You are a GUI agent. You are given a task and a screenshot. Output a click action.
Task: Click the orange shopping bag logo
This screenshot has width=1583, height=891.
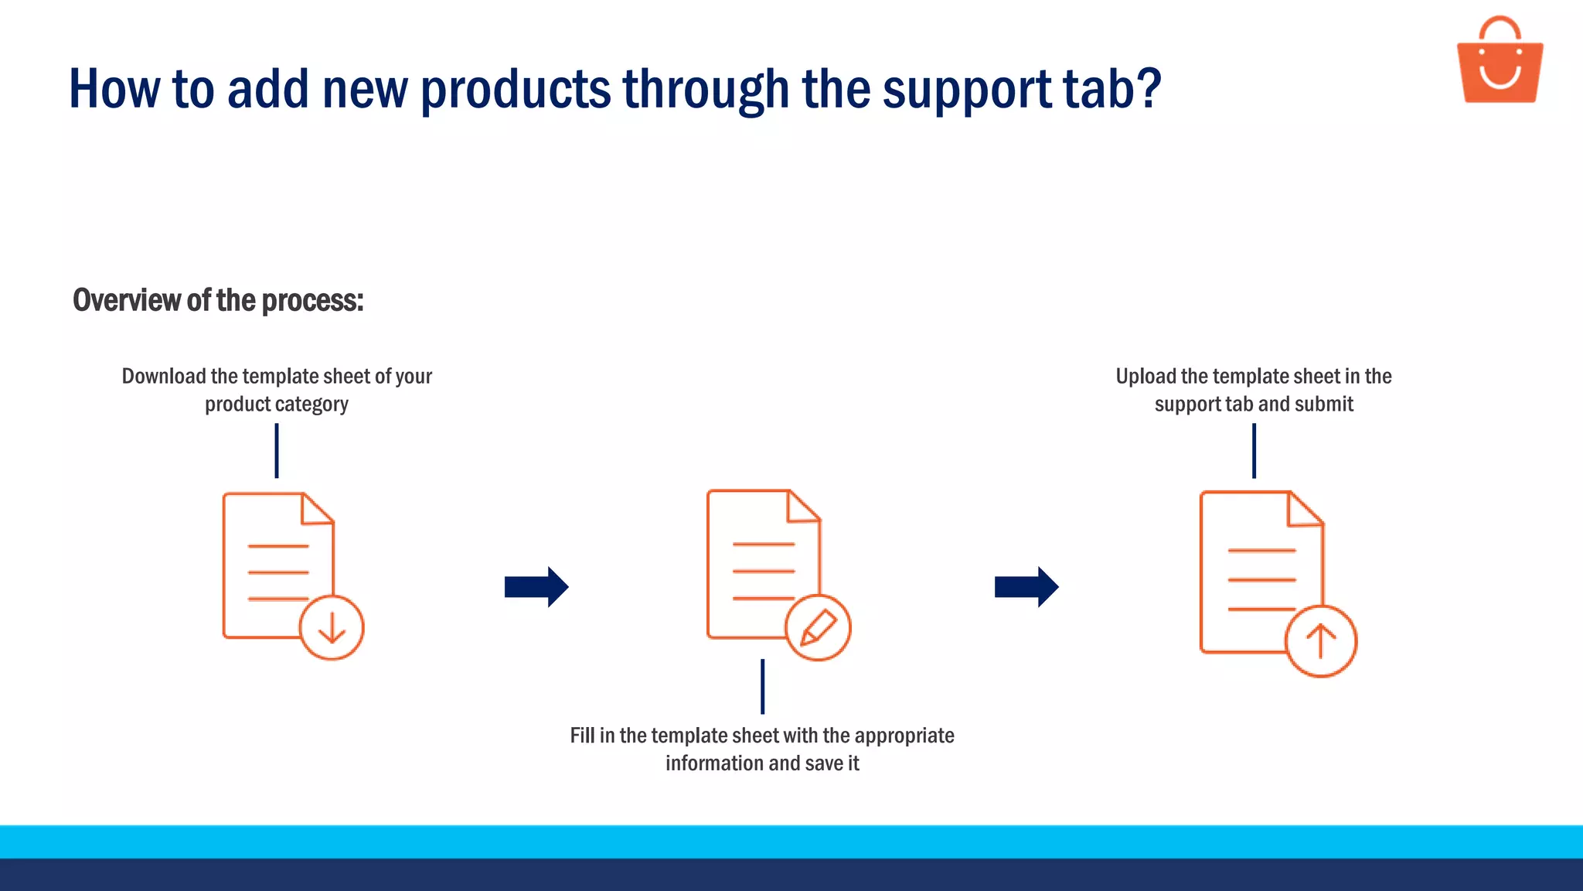(1500, 62)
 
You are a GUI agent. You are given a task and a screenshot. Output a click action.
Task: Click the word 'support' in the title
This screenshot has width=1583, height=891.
(966, 90)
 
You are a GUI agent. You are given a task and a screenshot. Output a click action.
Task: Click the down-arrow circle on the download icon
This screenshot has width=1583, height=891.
(332, 627)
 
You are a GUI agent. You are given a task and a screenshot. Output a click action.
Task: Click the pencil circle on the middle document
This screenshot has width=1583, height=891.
(818, 627)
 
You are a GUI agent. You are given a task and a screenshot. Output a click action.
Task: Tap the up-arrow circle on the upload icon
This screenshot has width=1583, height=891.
(1320, 642)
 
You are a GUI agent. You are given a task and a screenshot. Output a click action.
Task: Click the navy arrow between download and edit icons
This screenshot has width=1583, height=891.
(536, 587)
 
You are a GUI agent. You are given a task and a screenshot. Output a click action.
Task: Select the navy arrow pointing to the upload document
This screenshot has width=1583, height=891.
(1026, 587)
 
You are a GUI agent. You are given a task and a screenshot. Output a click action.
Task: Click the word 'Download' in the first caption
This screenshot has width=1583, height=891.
(163, 377)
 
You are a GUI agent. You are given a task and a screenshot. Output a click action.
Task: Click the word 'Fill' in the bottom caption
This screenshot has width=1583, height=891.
(582, 736)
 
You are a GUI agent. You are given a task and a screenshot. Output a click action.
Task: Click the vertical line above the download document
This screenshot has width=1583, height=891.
(277, 451)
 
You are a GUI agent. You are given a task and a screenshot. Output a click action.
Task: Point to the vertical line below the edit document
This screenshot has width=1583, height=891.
(762, 686)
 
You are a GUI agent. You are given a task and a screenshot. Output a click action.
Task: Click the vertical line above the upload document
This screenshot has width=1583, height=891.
(1254, 451)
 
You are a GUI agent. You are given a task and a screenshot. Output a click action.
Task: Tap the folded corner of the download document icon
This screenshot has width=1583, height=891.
(316, 510)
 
